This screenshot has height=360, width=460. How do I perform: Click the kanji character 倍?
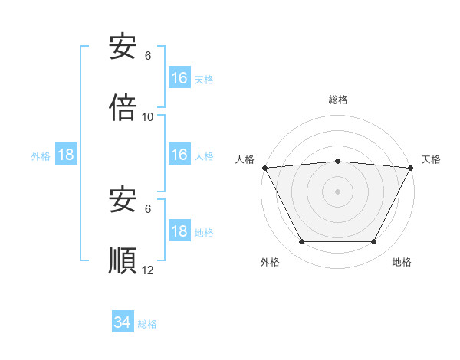click(x=123, y=109)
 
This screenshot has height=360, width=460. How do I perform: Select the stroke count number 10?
click(x=148, y=117)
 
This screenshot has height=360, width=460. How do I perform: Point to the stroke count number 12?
click(x=148, y=270)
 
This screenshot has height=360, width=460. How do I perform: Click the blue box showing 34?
click(x=122, y=323)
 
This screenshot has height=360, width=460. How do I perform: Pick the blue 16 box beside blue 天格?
click(x=179, y=78)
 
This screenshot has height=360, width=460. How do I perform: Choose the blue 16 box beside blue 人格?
click(x=179, y=155)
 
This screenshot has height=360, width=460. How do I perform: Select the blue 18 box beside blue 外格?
click(x=66, y=155)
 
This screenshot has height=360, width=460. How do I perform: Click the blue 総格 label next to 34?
click(x=147, y=324)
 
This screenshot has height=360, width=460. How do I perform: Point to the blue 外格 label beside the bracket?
click(x=41, y=156)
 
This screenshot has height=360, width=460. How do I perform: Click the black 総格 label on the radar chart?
click(x=337, y=100)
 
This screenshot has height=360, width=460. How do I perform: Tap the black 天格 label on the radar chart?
click(x=431, y=159)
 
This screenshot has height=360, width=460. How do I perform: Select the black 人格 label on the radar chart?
click(x=245, y=159)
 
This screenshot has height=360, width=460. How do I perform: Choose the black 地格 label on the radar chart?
click(x=402, y=263)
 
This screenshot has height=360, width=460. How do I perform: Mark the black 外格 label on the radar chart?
click(x=270, y=263)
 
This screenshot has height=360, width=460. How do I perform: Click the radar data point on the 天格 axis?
click(x=411, y=168)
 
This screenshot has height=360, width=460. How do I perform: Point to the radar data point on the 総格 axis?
click(x=337, y=161)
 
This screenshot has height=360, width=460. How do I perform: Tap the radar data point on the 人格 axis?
click(x=264, y=168)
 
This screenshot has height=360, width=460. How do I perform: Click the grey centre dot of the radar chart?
click(x=337, y=191)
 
